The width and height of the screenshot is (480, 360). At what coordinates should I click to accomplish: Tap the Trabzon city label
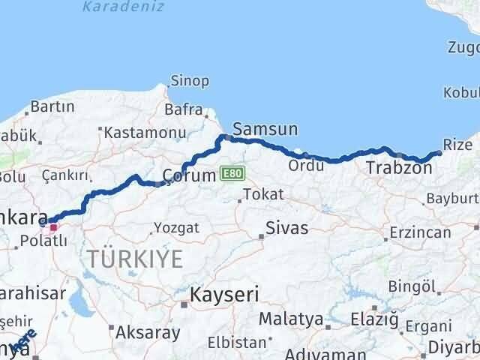[x=399, y=169]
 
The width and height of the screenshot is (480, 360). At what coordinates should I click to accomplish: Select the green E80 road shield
[x=232, y=174]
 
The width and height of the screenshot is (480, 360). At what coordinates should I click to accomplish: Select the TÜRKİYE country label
[x=134, y=259]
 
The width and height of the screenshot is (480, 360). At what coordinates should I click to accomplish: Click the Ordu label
[x=305, y=165]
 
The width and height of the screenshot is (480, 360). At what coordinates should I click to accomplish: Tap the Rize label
[x=457, y=144]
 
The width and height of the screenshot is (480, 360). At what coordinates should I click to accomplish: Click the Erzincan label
[x=421, y=232]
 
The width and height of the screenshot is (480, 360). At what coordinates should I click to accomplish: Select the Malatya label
[x=291, y=319]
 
